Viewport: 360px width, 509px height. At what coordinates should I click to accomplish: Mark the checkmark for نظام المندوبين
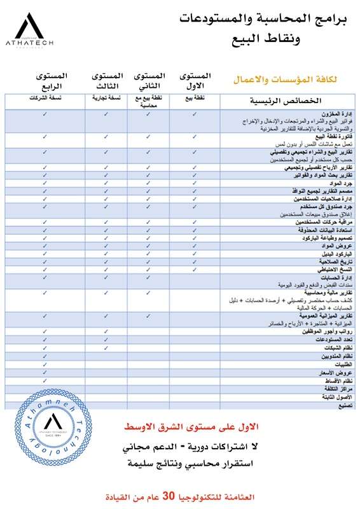point(45,356)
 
